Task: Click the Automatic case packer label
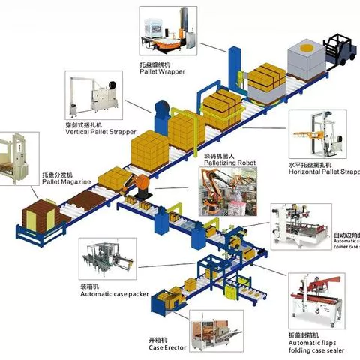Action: coord(113,292)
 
